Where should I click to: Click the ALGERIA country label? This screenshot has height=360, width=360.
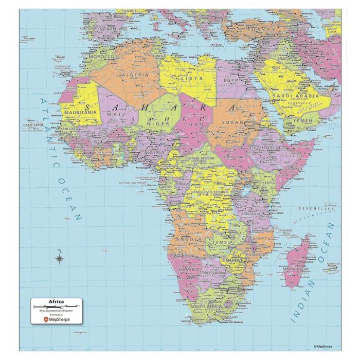(135, 75)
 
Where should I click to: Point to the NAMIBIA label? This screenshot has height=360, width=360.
(189, 269)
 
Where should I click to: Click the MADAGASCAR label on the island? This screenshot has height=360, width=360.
(297, 269)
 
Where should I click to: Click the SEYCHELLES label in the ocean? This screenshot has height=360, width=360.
(317, 209)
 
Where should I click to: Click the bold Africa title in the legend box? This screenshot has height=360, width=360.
(57, 302)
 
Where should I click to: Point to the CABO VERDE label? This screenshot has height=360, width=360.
(33, 124)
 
